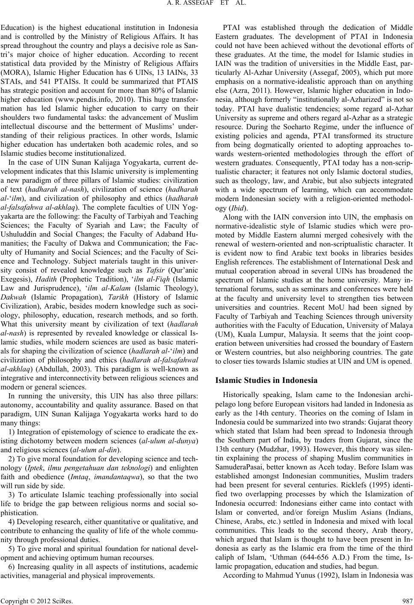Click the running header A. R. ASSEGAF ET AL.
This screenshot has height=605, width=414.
point(207,5)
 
